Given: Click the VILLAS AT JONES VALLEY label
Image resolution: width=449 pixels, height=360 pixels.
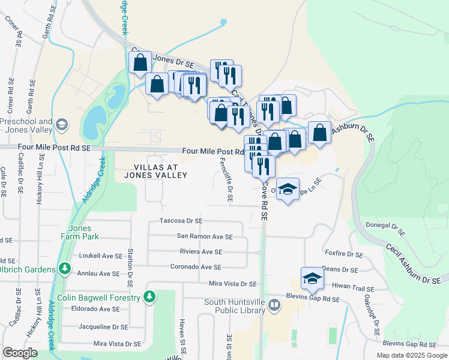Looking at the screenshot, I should point(155,170).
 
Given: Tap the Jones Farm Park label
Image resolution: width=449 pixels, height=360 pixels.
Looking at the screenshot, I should point(80,232).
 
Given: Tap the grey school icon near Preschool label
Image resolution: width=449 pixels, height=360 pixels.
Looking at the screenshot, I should point(61,125).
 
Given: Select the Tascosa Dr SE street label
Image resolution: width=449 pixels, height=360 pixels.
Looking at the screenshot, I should point(181,221).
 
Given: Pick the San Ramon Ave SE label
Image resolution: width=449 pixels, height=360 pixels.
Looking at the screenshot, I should point(204,236).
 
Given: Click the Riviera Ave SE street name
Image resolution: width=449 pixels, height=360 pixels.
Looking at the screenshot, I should point(201,252).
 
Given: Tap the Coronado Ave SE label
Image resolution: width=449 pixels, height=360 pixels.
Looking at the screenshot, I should point(196,267).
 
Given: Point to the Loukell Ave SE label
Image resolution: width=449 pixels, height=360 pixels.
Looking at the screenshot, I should point(100,255).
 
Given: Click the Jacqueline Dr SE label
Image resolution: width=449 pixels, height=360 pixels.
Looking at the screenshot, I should point(103,327).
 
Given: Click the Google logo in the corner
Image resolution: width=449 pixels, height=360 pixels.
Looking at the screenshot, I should point(20,353).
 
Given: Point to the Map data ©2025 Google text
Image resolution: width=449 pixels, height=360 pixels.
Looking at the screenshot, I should point(411,355).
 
